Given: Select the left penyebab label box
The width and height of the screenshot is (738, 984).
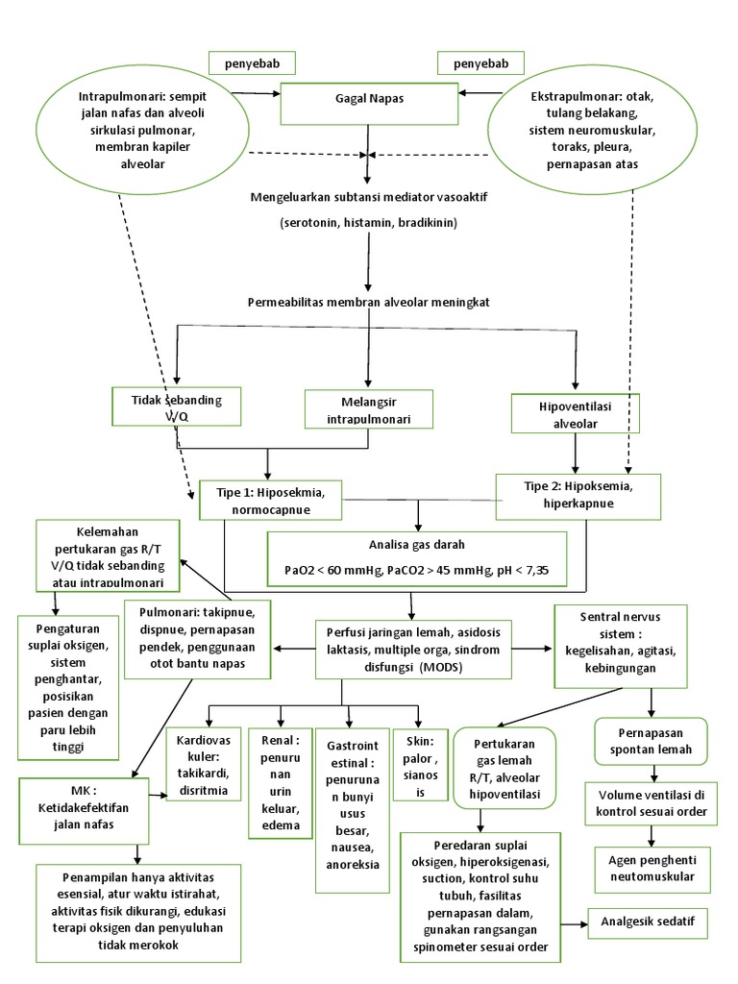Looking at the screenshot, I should coord(252,63).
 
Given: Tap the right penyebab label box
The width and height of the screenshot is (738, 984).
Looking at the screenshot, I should coord(480,63).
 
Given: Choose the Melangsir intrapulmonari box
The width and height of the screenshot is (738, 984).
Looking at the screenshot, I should coord(368,409).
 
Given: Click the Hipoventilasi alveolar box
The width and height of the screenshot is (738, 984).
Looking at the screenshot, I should coord(575,410).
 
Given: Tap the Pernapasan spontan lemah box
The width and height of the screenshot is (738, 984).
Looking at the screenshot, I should coord(653,739).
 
